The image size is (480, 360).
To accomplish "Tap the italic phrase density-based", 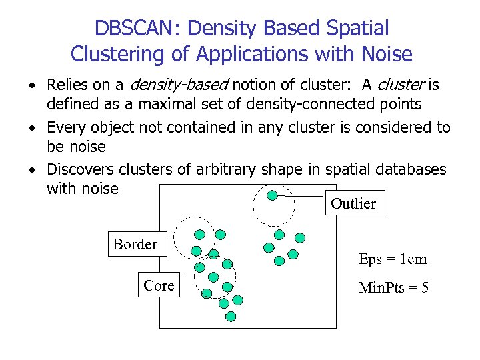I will coord(179,85).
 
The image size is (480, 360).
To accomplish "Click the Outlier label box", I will coord(353,203).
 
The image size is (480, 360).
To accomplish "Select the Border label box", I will coord(135,244).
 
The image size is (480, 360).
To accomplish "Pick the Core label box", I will coord(159,285).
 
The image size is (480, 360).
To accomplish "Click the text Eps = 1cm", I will coord(392,259).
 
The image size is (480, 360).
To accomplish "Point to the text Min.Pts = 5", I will coord(393,288).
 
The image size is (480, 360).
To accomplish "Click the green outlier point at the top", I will coord(272,195).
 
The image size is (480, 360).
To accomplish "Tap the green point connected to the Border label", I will coord(199,235).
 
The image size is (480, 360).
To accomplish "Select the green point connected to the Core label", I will coord(213,277).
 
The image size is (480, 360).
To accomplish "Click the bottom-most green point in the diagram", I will coord(231,317).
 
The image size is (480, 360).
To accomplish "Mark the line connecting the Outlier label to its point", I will coord(300,197).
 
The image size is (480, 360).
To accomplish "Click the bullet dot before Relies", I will coord(31,86).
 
